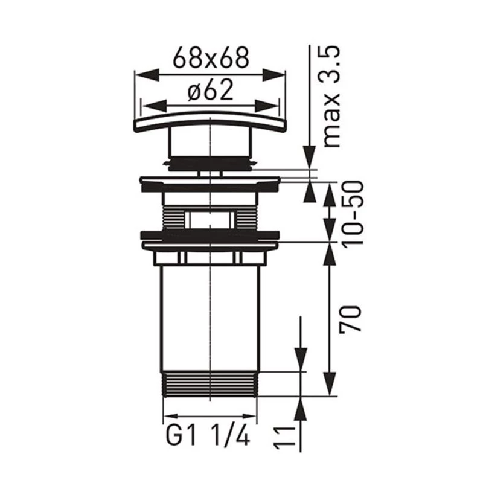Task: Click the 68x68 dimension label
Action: (211, 58)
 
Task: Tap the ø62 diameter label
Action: (211, 90)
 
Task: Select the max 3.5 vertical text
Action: (331, 97)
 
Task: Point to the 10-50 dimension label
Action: (353, 213)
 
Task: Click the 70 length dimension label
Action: (350, 319)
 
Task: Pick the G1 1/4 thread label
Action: (208, 435)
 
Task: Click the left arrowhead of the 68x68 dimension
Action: (147, 75)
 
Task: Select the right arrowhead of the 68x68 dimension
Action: (274, 75)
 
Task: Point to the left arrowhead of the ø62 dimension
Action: (154, 106)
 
